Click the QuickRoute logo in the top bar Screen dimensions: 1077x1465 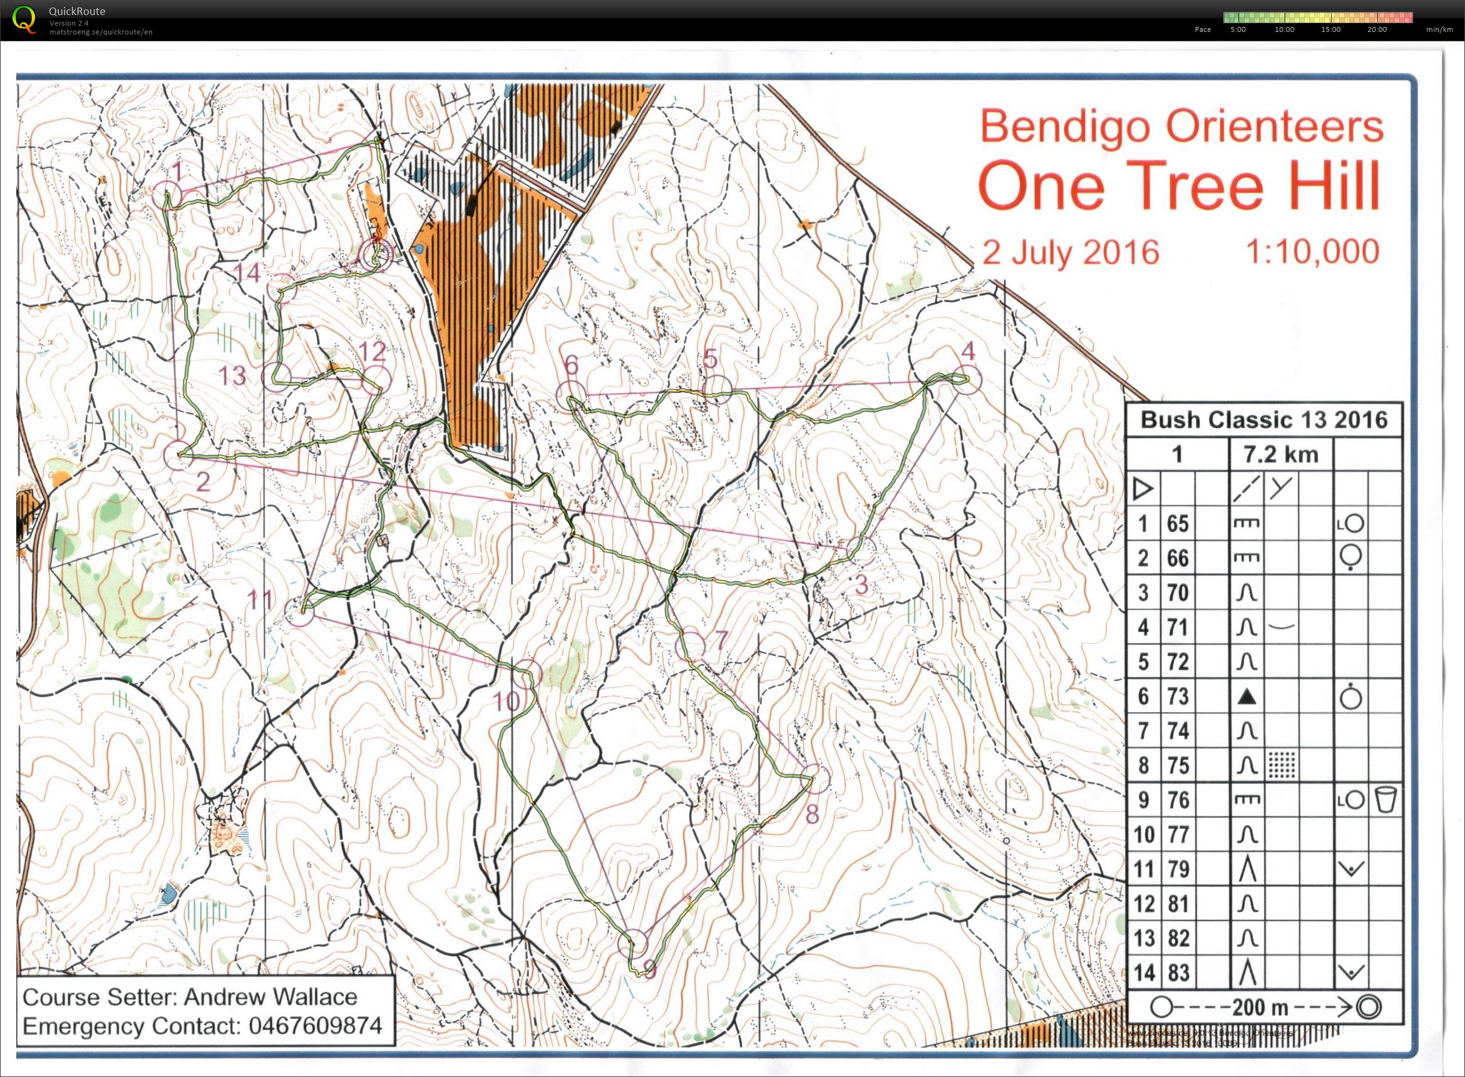tap(25, 19)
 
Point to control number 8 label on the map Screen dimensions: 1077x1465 tap(811, 814)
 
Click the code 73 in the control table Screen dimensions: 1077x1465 tap(1178, 697)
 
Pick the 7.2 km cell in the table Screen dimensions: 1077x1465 tap(1281, 454)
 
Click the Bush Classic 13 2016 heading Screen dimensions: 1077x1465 tap(1263, 420)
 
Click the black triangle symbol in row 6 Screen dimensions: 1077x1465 tap(1247, 697)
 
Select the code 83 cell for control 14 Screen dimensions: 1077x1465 tap(1178, 973)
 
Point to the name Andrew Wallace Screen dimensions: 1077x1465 tap(270, 997)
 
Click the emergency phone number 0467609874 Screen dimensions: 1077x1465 tap(314, 1026)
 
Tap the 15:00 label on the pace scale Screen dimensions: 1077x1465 tap(1330, 29)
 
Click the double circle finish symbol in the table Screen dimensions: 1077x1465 tap(1368, 1008)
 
